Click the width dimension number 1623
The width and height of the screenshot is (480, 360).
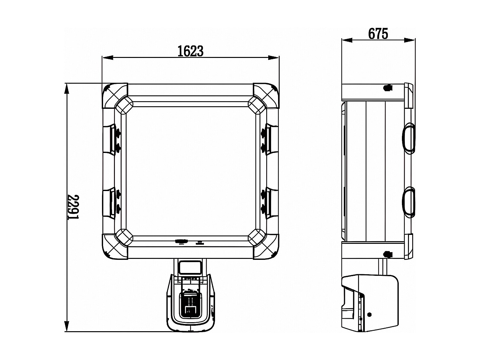pyautogui.click(x=190, y=51)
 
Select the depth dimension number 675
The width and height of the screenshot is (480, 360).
pyautogui.click(x=378, y=34)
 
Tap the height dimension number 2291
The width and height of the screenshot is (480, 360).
pyautogui.click(x=74, y=207)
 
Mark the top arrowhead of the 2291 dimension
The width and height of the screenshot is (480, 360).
pyautogui.click(x=67, y=89)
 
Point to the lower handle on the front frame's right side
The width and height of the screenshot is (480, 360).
pyautogui.click(x=271, y=202)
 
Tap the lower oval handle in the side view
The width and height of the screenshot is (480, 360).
pyautogui.click(x=408, y=202)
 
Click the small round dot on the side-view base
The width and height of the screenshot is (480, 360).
pyautogui.click(x=370, y=315)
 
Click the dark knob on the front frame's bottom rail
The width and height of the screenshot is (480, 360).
pyautogui.click(x=181, y=242)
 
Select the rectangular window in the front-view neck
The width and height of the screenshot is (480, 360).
pyautogui.click(x=190, y=268)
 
